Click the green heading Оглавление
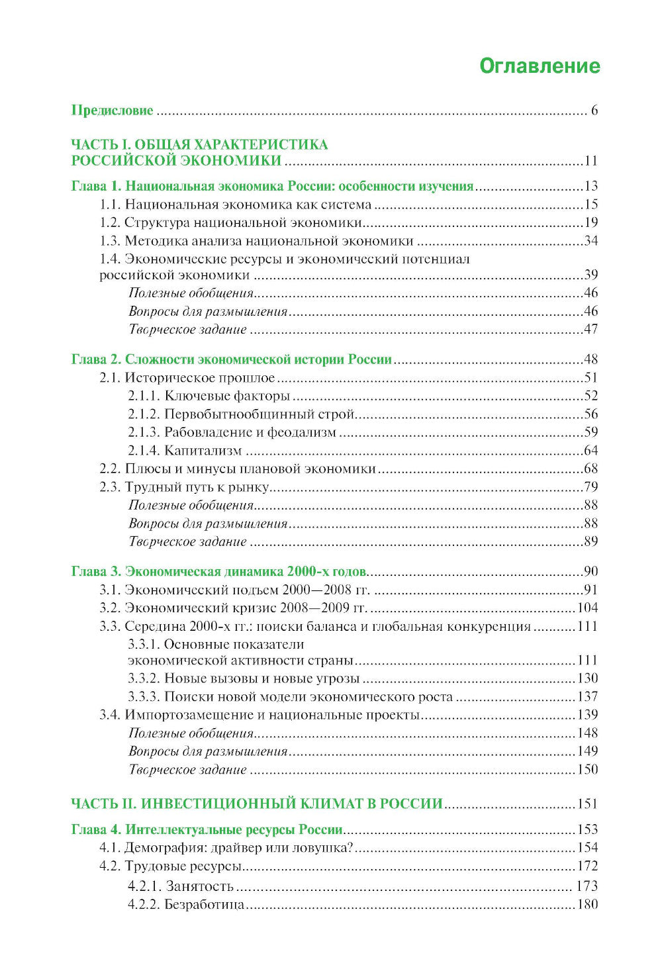(x=539, y=66)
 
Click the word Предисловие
(x=112, y=111)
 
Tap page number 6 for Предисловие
(x=594, y=111)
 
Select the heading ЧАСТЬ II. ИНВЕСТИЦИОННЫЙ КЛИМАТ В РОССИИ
(x=257, y=804)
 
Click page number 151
(x=587, y=804)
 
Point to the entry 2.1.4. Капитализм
(x=185, y=451)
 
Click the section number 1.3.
(x=110, y=241)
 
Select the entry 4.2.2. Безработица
(x=186, y=904)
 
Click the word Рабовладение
(x=207, y=433)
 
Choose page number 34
(x=591, y=241)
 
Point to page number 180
(x=587, y=904)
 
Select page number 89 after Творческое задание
(x=591, y=541)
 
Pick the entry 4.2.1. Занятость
(x=181, y=886)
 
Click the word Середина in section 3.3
(x=154, y=626)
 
